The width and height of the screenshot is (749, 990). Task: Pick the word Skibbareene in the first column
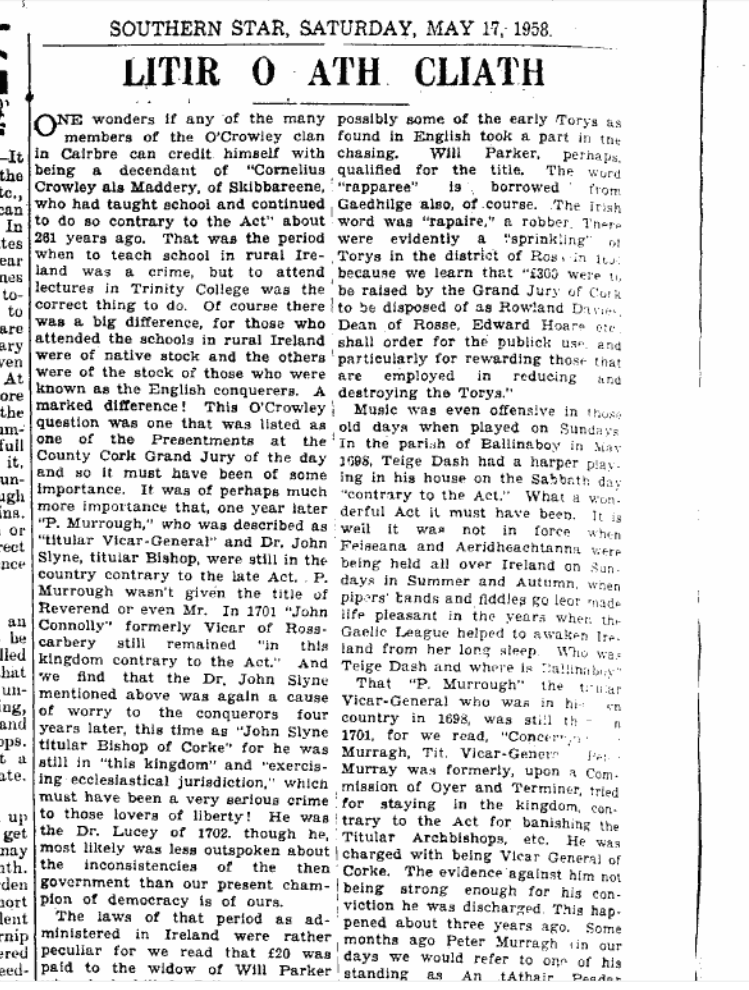(277, 187)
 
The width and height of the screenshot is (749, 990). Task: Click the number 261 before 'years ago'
(46, 238)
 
